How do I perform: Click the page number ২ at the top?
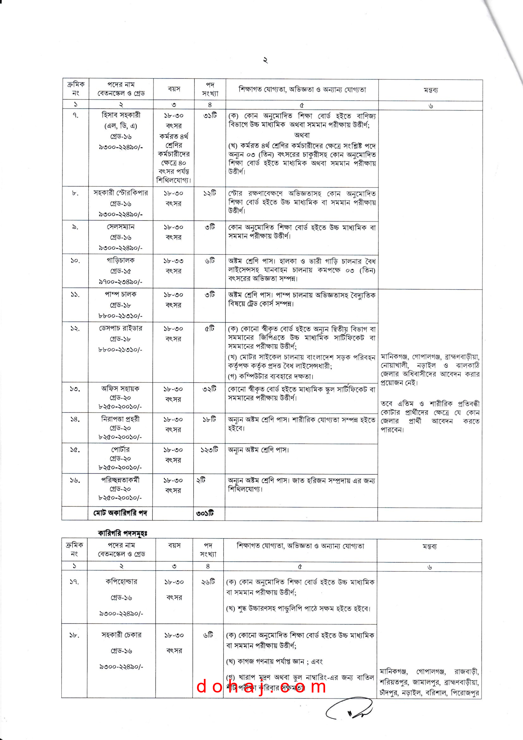tap(265, 60)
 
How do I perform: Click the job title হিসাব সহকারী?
tap(121, 115)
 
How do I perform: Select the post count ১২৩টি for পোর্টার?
tap(209, 449)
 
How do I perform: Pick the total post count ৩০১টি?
tap(205, 513)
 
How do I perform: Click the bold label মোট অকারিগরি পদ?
tap(120, 513)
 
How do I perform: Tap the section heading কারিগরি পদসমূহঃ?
tap(123, 533)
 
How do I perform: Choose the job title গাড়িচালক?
tap(121, 260)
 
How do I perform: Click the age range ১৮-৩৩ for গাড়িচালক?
tap(173, 261)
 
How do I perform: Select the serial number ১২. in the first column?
tap(75, 329)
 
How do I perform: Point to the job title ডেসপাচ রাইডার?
tap(120, 328)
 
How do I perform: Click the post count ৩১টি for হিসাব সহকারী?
tap(210, 116)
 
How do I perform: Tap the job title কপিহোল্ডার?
tap(121, 581)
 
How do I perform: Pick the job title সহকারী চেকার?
tap(121, 635)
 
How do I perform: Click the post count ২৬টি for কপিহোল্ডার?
tap(208, 581)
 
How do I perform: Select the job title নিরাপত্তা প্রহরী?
tap(120, 419)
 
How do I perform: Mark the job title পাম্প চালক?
tap(120, 294)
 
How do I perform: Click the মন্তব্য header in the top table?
tap(430, 90)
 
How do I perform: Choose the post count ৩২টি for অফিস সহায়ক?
tap(209, 389)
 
